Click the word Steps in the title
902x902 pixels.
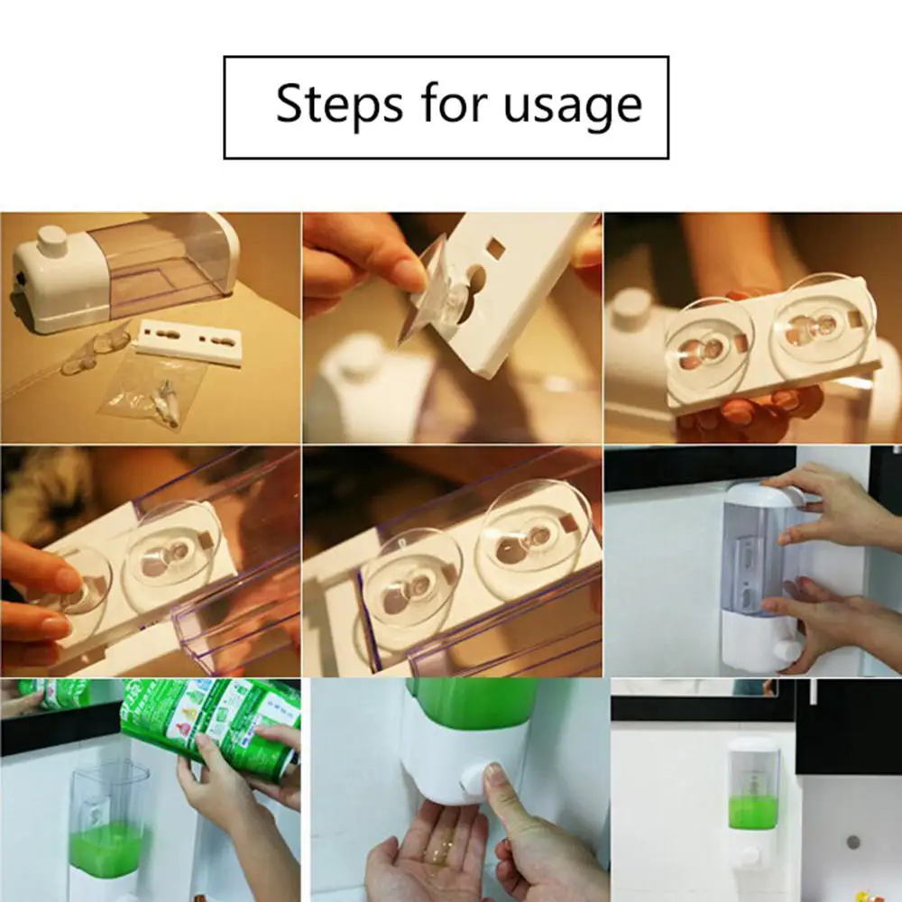(x=339, y=104)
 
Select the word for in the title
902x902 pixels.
(x=455, y=104)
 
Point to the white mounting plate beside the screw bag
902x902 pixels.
(x=189, y=341)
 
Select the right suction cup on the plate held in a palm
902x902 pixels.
(x=821, y=325)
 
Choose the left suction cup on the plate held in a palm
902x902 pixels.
(x=709, y=343)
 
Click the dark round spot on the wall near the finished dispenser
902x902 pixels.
(x=852, y=842)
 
